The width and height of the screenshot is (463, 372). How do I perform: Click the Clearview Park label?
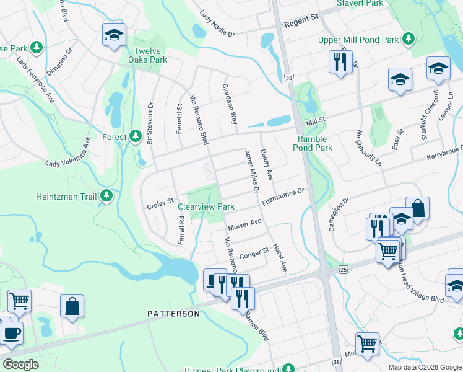pos(206,206)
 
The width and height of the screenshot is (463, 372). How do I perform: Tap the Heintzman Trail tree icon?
pos(107,197)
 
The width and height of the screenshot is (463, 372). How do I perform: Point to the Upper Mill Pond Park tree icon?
pos(408,40)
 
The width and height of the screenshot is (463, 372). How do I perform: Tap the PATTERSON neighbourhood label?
pos(173,314)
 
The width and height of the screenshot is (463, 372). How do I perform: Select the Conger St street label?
pos(254,253)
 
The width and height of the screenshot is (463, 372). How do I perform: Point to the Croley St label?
pos(159,205)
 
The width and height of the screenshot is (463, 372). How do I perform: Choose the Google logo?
pos(21,365)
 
